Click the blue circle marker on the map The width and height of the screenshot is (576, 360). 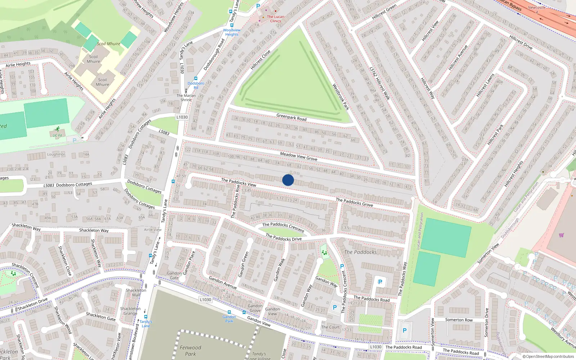[x=288, y=180]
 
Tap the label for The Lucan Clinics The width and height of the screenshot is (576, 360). [x=275, y=19]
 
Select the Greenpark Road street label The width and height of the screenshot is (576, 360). [x=291, y=117]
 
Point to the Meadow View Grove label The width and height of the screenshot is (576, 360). [x=298, y=156]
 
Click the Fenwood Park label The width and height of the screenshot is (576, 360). [x=190, y=351]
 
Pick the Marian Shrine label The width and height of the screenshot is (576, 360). [x=186, y=98]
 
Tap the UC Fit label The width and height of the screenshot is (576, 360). [x=57, y=136]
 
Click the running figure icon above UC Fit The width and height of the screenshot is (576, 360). [x=57, y=129]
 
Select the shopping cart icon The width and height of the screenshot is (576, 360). [x=561, y=235]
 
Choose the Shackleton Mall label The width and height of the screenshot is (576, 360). [x=136, y=292]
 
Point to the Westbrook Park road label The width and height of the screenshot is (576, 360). [x=340, y=96]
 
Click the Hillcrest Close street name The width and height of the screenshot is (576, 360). [x=261, y=60]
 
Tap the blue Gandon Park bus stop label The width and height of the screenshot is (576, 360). [x=229, y=319]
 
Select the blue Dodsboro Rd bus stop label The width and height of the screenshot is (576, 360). [x=196, y=85]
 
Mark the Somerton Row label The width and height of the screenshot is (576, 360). [x=459, y=320]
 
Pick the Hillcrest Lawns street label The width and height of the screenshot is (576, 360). [x=485, y=85]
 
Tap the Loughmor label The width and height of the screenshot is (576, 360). [x=56, y=154]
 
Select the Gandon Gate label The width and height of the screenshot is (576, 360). [x=174, y=275]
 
